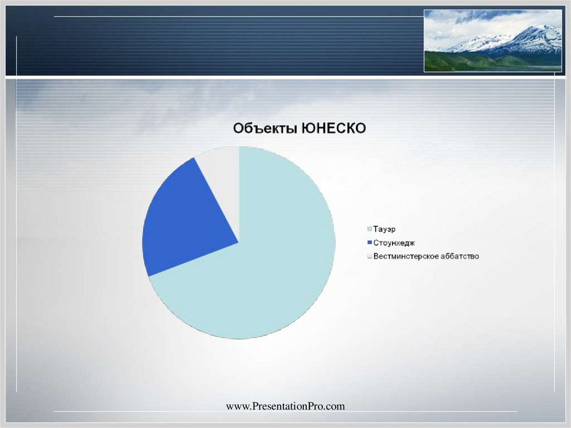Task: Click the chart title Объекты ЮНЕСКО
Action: [x=299, y=129]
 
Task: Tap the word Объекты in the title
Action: [x=265, y=129]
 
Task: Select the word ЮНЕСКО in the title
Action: [x=333, y=129]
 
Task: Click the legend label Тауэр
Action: [x=385, y=229]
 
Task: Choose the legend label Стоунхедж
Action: [x=394, y=243]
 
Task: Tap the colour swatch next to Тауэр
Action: [x=369, y=229]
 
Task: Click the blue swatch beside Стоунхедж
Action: [x=369, y=243]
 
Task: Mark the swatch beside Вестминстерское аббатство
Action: [x=369, y=256]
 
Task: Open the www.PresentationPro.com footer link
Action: [x=285, y=406]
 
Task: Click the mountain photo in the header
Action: [x=492, y=41]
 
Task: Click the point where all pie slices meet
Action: [x=239, y=243]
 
